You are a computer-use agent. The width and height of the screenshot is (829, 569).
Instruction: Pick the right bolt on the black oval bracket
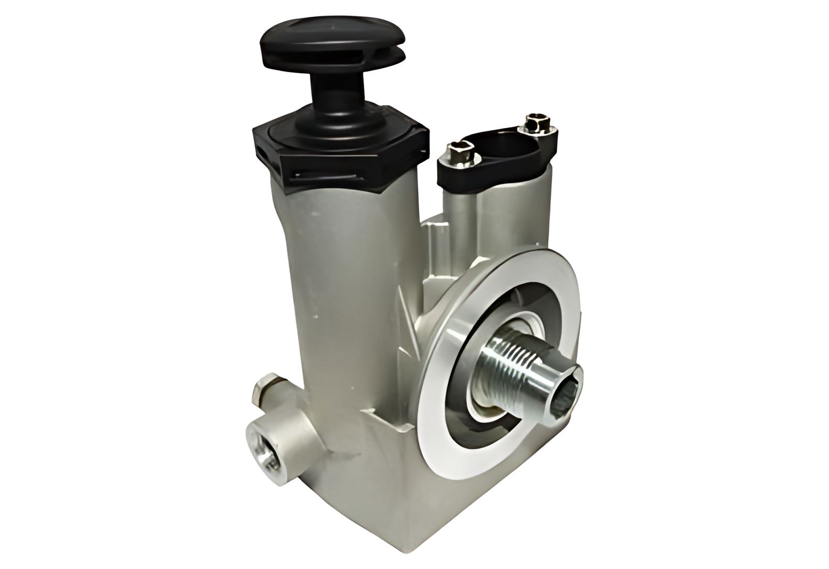click(x=535, y=125)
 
